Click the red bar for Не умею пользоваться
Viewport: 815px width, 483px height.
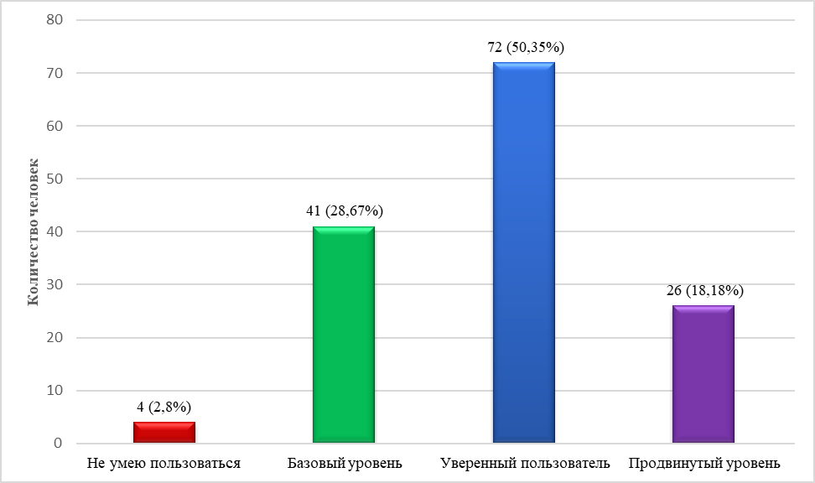pyautogui.click(x=164, y=432)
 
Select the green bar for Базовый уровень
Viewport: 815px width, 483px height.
pyautogui.click(x=344, y=335)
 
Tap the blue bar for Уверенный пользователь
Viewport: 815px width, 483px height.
pyautogui.click(x=524, y=252)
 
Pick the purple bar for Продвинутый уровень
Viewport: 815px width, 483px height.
pyautogui.click(x=703, y=374)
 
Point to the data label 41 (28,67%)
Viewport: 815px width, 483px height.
pyautogui.click(x=345, y=210)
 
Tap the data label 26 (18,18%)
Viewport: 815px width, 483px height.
pyautogui.click(x=704, y=291)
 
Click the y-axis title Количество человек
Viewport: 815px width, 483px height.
pyautogui.click(x=33, y=231)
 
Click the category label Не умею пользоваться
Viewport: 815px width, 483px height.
pyautogui.click(x=164, y=463)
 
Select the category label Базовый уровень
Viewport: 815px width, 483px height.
pyautogui.click(x=345, y=463)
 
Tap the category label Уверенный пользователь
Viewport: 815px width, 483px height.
pyautogui.click(x=524, y=463)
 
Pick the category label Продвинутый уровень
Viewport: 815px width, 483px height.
pyautogui.click(x=704, y=463)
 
